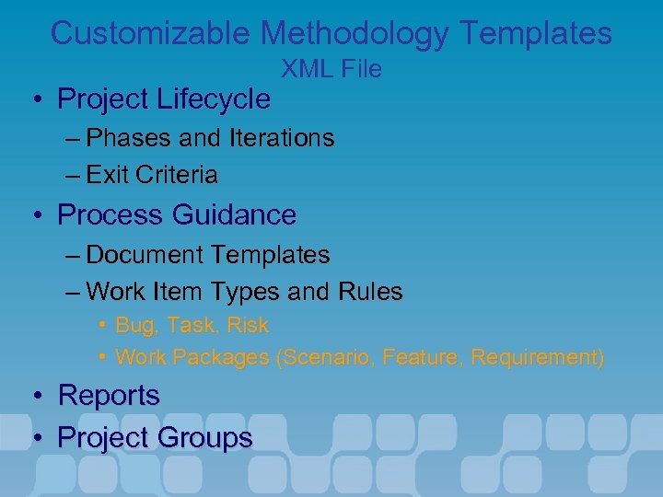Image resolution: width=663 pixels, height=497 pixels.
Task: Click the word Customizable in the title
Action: coord(151,34)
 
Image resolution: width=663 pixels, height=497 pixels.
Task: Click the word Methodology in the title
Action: coord(354,34)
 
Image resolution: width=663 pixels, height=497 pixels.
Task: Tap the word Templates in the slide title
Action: coord(535,34)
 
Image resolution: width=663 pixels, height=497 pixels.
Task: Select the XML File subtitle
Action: coord(331,69)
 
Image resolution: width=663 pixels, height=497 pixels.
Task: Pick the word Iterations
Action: coord(280,138)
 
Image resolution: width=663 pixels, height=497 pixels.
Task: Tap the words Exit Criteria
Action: coord(152,175)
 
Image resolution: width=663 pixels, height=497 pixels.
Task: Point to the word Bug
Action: coord(134,326)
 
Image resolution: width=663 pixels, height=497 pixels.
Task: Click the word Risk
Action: coord(249,326)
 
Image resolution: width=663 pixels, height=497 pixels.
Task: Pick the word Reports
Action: coord(109,397)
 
